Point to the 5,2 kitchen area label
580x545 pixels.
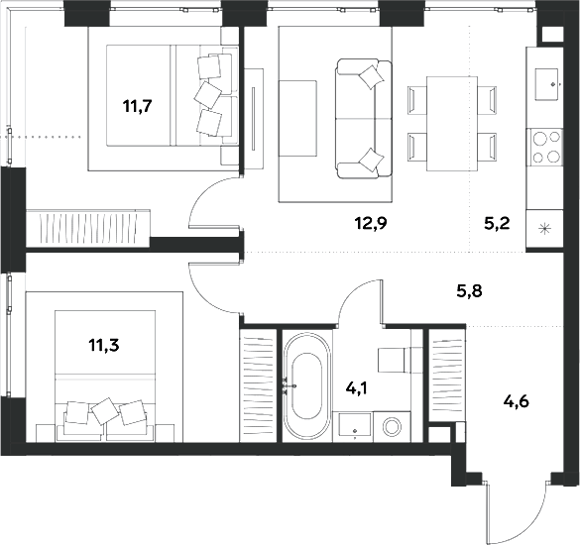(496, 224)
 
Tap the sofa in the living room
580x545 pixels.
(358, 118)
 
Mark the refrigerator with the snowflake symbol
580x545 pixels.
(544, 228)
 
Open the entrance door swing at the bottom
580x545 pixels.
(511, 505)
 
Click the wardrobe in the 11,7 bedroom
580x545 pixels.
(88, 227)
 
